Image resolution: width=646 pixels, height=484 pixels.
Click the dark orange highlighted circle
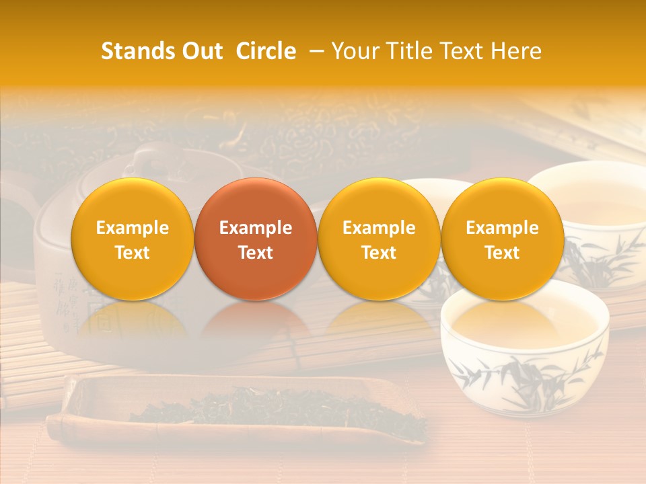pos(256,239)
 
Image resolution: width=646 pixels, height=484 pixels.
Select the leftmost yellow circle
pos(133,239)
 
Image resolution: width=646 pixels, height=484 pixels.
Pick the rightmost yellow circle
pos(503,239)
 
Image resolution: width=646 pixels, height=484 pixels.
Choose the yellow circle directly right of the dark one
pos(379,239)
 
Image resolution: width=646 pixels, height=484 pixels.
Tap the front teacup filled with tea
pos(525,350)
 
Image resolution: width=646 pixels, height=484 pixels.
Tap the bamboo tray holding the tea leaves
pos(87,410)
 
